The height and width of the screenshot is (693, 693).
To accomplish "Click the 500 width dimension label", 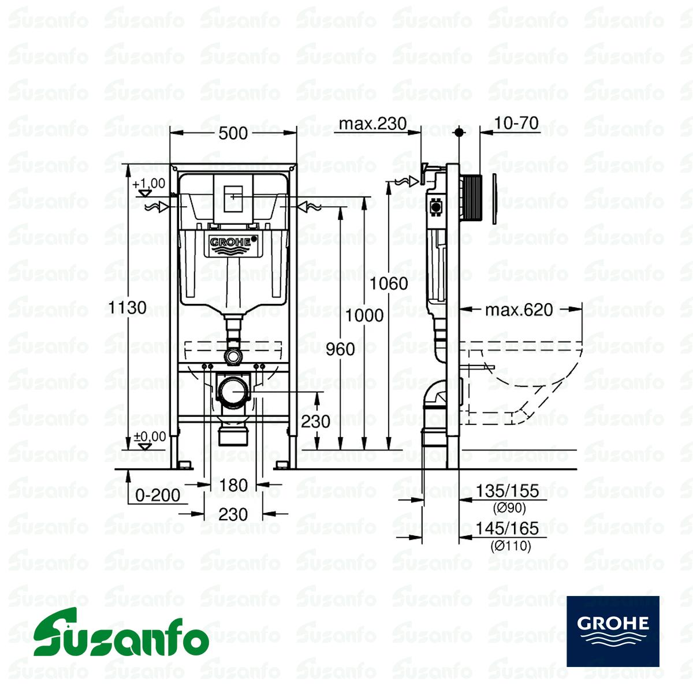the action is pyautogui.click(x=233, y=133).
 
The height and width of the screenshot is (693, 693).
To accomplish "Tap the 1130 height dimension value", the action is pyautogui.click(x=127, y=307).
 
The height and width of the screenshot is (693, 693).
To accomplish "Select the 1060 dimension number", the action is pyautogui.click(x=389, y=284).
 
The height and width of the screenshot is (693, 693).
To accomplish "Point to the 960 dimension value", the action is pyautogui.click(x=340, y=349).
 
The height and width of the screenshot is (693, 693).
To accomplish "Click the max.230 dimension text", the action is pyautogui.click(x=373, y=124).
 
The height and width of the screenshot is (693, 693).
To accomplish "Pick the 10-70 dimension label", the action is pyautogui.click(x=517, y=123).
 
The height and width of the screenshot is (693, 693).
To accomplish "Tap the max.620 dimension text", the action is pyautogui.click(x=519, y=310).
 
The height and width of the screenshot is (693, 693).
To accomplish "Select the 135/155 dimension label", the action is pyautogui.click(x=508, y=490).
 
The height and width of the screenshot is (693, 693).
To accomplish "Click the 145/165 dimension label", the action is pyautogui.click(x=508, y=528).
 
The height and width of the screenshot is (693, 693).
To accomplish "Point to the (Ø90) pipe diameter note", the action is pyautogui.click(x=509, y=508).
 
